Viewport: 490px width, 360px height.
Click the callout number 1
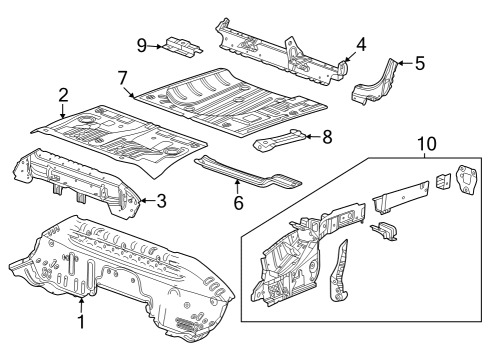[81, 323]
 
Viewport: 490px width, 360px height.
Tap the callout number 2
[63, 95]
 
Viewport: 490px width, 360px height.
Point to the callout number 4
[361, 44]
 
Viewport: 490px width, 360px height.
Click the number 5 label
[419, 63]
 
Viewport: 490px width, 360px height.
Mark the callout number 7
[122, 77]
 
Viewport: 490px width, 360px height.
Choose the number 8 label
[327, 139]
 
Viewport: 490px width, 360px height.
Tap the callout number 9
[142, 43]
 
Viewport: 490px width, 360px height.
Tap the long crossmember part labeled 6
[245, 172]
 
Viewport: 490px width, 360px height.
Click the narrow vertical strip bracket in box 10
[341, 269]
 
